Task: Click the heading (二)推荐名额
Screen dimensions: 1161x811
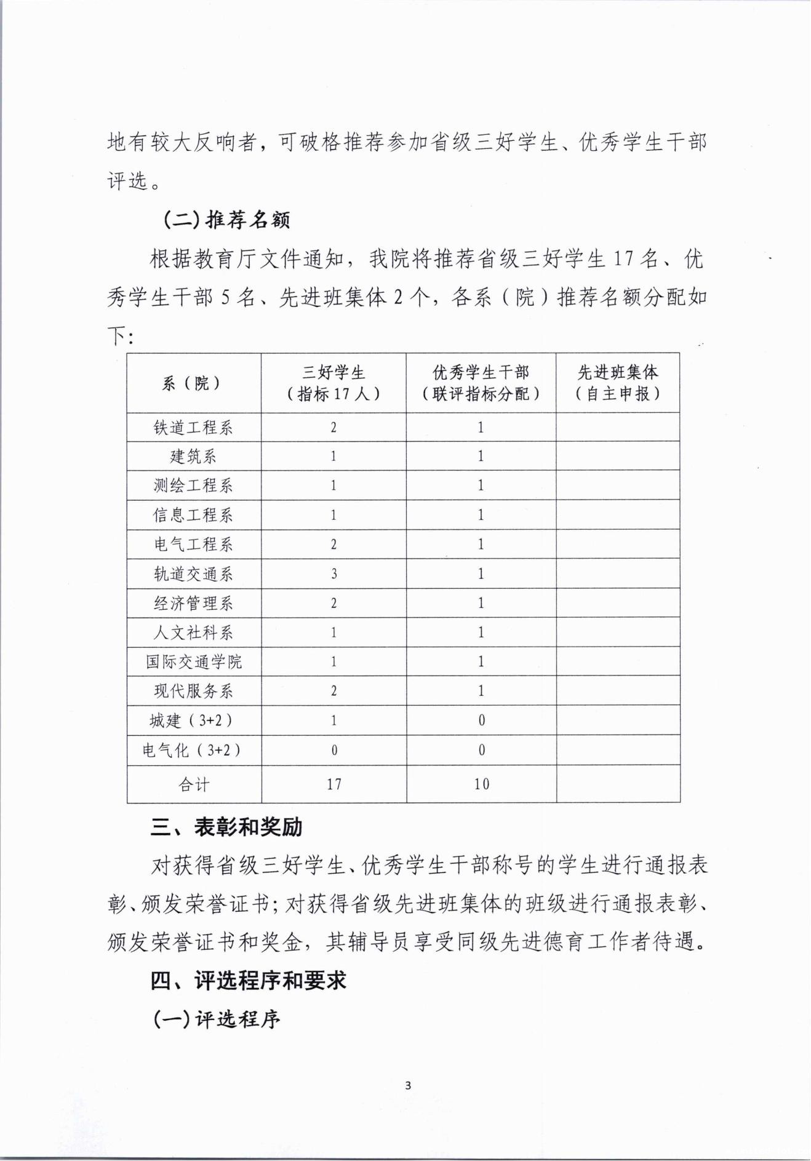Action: pyautogui.click(x=226, y=220)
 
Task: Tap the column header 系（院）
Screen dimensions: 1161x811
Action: pyautogui.click(x=193, y=383)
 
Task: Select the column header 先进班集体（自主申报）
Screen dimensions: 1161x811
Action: pyautogui.click(x=617, y=383)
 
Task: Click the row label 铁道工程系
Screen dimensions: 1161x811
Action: pyautogui.click(x=193, y=428)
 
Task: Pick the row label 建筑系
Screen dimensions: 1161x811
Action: pyautogui.click(x=193, y=457)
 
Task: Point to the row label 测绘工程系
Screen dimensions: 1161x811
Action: pyautogui.click(x=193, y=486)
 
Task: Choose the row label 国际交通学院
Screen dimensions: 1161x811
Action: pyautogui.click(x=193, y=662)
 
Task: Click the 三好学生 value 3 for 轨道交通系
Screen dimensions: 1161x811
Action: pyautogui.click(x=334, y=574)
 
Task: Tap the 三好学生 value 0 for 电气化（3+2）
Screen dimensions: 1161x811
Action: pyautogui.click(x=334, y=750)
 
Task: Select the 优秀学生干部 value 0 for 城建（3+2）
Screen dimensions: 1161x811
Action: pyautogui.click(x=481, y=720)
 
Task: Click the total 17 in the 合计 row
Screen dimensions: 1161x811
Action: pyautogui.click(x=334, y=784)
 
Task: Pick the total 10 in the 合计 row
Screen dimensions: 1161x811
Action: pyautogui.click(x=481, y=784)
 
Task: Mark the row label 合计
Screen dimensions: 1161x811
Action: pyautogui.click(x=193, y=784)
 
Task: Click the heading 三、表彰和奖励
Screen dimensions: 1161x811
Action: pyautogui.click(x=226, y=827)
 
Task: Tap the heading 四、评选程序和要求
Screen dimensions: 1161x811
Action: pyautogui.click(x=249, y=980)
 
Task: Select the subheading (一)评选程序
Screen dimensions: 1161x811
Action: pyautogui.click(x=217, y=1019)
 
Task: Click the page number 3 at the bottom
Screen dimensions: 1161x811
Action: pyautogui.click(x=408, y=1085)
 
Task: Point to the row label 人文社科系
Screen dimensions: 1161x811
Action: pyautogui.click(x=193, y=632)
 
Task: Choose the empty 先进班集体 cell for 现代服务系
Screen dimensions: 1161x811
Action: pyautogui.click(x=618, y=691)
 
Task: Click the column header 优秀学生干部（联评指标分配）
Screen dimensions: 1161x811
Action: pyautogui.click(x=481, y=383)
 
